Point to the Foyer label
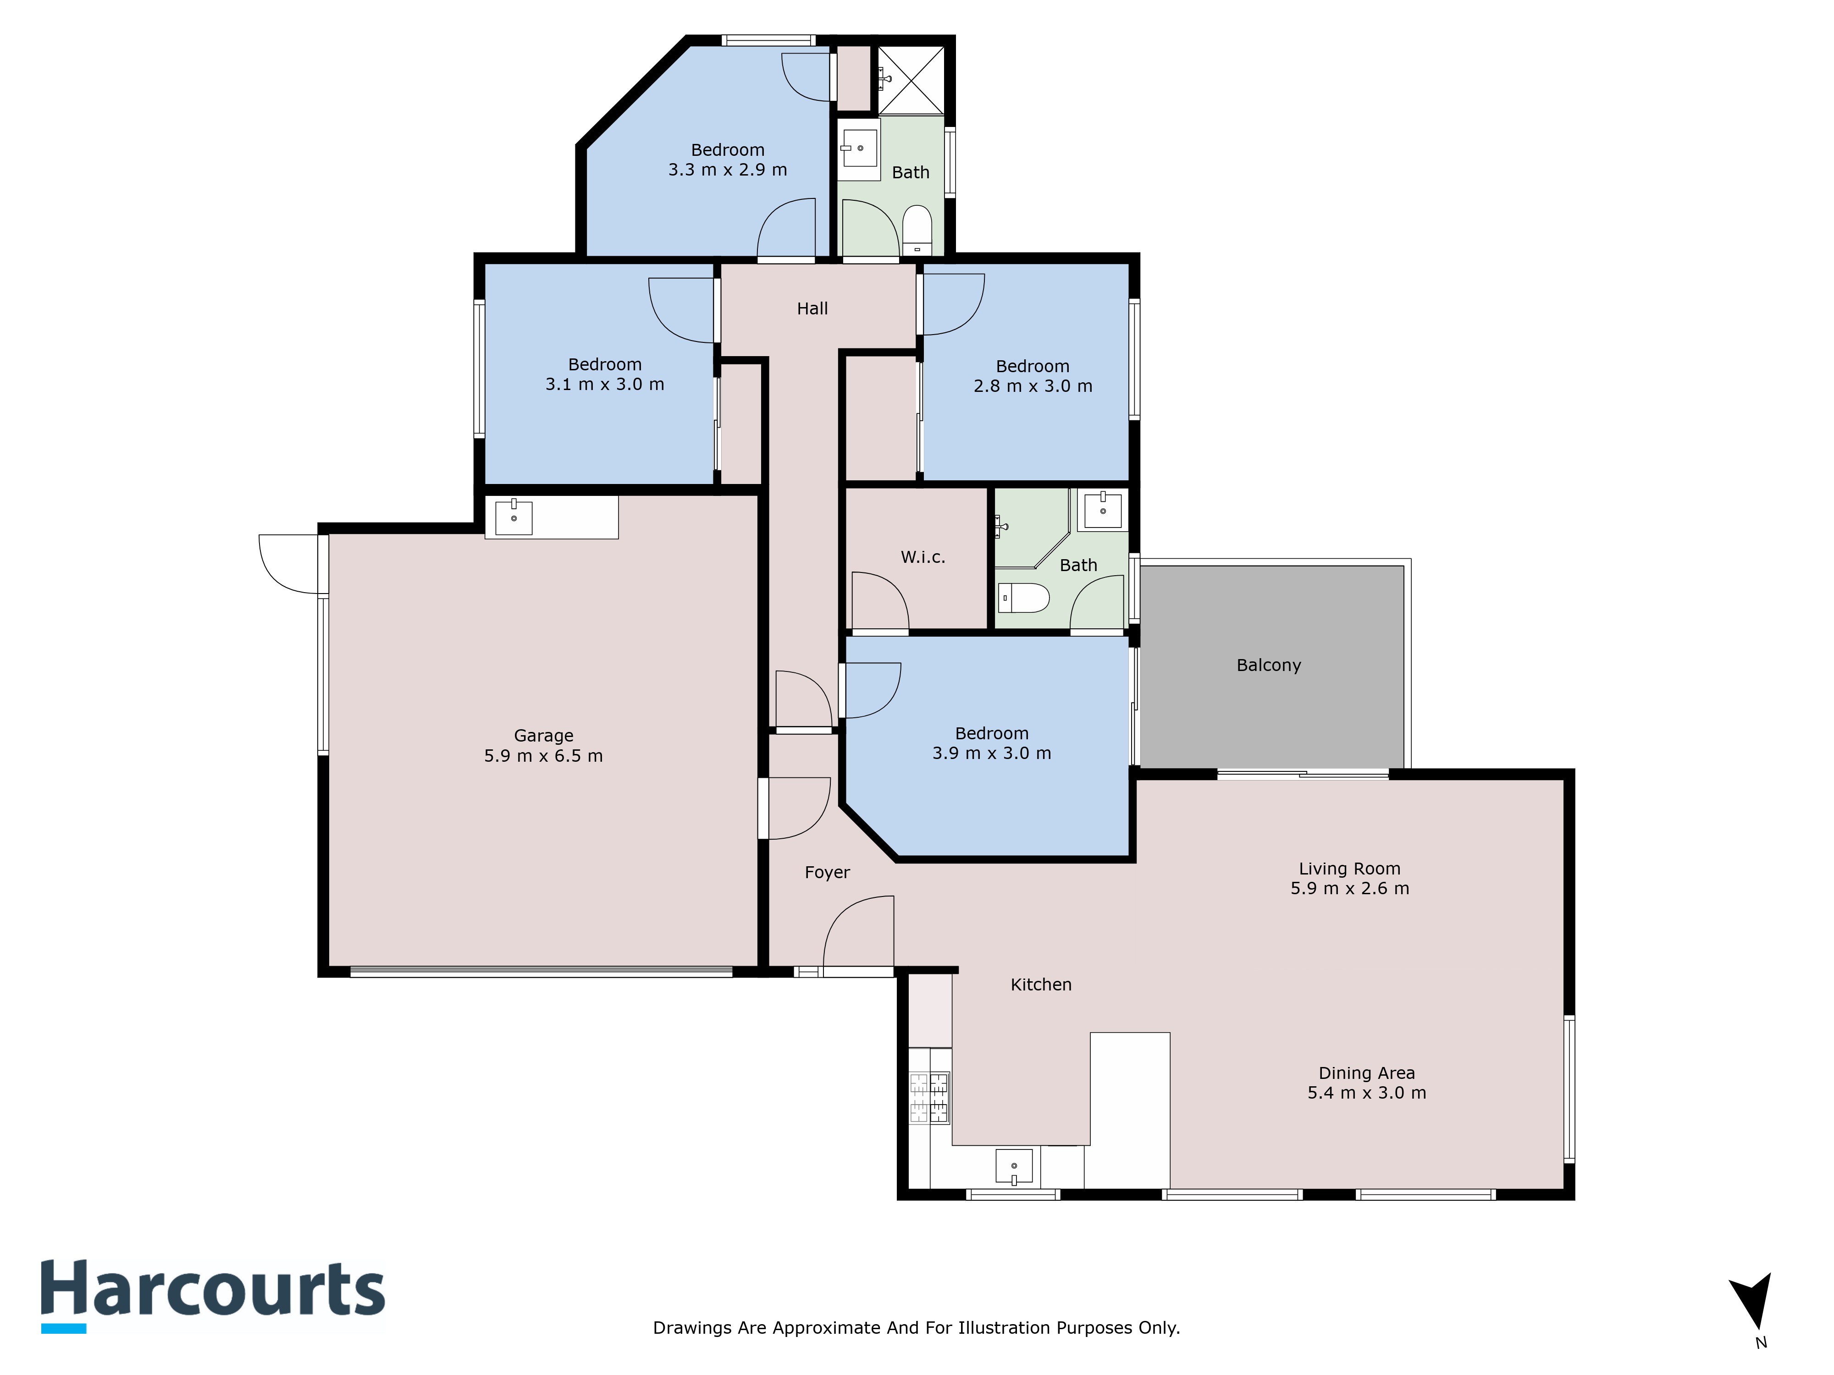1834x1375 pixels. [x=827, y=873]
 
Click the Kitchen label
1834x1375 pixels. [x=1040, y=984]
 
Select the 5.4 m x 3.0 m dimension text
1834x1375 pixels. [x=1366, y=1093]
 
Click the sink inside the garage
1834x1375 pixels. [x=514, y=517]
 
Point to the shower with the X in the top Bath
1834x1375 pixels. [x=911, y=80]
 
